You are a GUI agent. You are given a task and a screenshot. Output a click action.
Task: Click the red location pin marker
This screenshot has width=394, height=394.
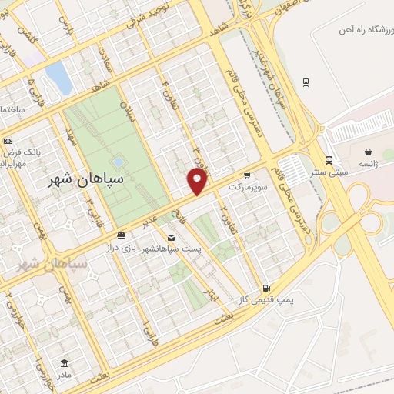198,182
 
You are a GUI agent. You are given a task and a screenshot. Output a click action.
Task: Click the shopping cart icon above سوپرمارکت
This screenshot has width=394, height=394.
247,175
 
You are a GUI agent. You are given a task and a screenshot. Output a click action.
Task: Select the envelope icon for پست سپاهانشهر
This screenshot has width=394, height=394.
170,239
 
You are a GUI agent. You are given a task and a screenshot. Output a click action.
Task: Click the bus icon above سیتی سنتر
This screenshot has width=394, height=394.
329,161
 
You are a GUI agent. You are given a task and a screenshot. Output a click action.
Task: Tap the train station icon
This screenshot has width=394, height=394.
306,82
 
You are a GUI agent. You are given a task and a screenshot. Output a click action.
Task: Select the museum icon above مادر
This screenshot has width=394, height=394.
63,362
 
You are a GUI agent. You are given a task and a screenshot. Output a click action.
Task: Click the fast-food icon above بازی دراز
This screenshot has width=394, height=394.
121,235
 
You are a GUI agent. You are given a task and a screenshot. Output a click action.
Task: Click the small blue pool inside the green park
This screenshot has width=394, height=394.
117,162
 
